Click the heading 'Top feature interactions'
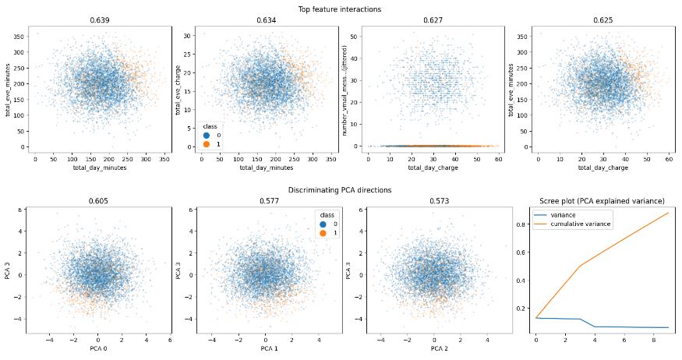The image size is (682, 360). pos(340,9)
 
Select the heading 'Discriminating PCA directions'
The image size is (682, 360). pos(340,190)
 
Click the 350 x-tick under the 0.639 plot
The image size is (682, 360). pos(164,158)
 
